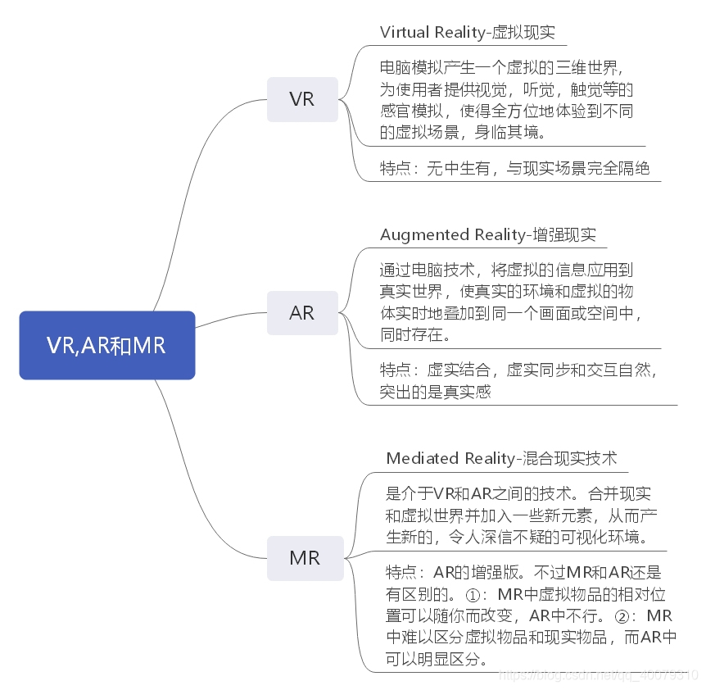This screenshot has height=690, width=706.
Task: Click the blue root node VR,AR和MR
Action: [x=106, y=345]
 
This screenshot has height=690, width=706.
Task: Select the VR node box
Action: [x=301, y=99]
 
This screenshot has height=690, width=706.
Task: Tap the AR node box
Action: [x=301, y=312]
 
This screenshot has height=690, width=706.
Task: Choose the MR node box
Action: [x=305, y=558]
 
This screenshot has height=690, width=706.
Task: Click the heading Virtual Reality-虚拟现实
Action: [x=467, y=32]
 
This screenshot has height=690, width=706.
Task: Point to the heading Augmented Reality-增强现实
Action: [x=487, y=234]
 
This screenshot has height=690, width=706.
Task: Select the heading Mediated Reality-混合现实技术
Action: [x=501, y=458]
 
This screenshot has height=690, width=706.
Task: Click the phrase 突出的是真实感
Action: [x=435, y=392]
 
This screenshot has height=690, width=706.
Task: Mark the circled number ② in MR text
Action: [x=631, y=615]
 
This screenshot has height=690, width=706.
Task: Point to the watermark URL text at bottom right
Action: [x=598, y=674]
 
